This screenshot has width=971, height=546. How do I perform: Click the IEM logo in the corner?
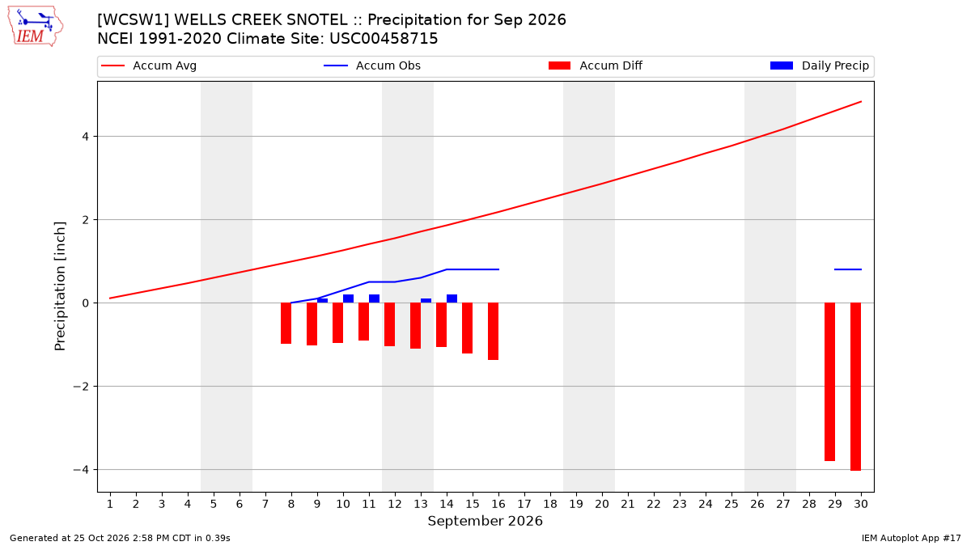coord(36,27)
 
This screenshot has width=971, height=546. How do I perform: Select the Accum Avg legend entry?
coord(149,66)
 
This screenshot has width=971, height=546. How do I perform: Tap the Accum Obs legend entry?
coord(372,66)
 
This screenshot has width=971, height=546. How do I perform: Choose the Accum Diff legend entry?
coord(596,66)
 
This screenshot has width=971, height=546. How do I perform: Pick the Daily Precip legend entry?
coord(819,66)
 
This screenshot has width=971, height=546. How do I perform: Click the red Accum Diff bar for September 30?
coord(855,387)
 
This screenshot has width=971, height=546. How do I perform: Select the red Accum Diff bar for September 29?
coord(829,382)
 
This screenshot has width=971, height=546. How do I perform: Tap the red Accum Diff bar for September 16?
coord(494,332)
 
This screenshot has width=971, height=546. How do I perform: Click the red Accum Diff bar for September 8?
coord(286,324)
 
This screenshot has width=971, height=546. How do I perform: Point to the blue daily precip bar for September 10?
coord(348,298)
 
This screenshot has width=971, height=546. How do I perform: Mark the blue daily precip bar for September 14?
coord(452,298)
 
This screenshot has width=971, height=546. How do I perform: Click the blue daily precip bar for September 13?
coord(426,301)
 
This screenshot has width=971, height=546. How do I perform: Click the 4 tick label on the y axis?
coord(85,137)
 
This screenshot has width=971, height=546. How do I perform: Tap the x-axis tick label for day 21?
coord(628,504)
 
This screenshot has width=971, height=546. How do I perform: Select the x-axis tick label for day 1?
coord(110,504)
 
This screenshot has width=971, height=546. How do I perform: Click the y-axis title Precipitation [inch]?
coord(59,286)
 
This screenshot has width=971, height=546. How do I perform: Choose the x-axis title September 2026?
coord(485,521)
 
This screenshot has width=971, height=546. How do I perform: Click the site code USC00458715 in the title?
coord(384,39)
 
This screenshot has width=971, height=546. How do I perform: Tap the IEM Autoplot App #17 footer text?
coord(911,538)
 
